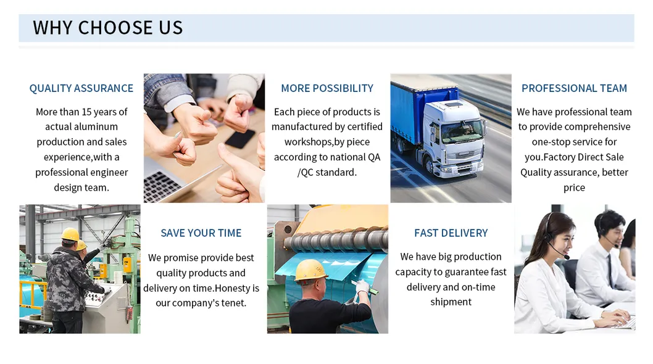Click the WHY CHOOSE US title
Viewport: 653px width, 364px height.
(x=108, y=28)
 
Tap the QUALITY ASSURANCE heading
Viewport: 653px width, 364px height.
(x=81, y=88)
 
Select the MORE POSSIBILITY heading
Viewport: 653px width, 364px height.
(x=327, y=88)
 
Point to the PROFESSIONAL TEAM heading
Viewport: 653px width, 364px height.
(x=574, y=88)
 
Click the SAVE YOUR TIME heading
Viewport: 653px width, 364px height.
(x=201, y=233)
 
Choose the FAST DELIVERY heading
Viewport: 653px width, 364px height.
(x=451, y=233)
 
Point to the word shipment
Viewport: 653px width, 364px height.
(x=451, y=302)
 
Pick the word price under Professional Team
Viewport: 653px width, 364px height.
(x=574, y=188)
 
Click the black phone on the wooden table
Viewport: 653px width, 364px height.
(x=240, y=139)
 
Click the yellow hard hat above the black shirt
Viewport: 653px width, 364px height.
(x=310, y=270)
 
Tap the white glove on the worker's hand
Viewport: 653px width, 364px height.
(x=362, y=286)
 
